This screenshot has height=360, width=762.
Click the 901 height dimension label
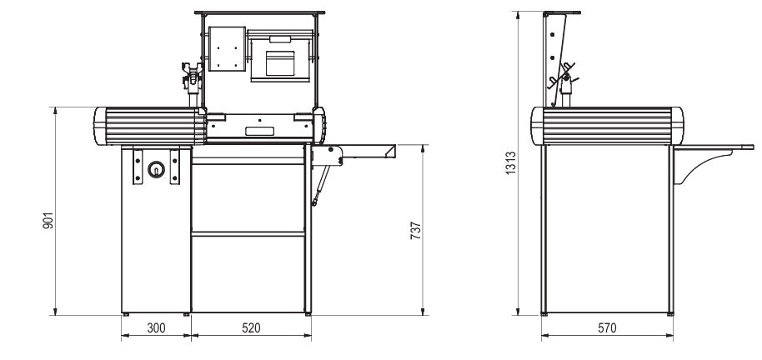(48, 221)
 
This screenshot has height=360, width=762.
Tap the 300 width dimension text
(156, 328)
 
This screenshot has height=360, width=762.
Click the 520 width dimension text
(251, 328)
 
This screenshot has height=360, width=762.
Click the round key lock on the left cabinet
(154, 170)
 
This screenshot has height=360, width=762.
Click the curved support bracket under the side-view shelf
(692, 167)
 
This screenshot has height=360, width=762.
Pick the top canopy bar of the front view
(258, 14)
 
